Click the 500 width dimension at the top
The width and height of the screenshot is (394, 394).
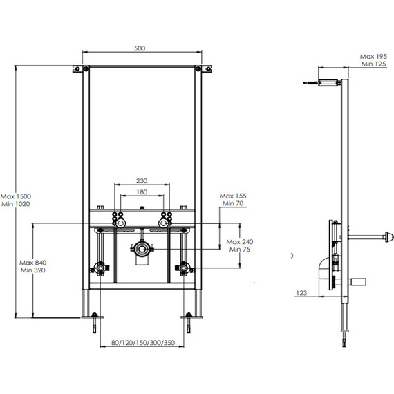tap(140, 48)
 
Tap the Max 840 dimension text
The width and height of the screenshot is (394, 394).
tap(33, 263)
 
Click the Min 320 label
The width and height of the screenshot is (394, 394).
tap(33, 272)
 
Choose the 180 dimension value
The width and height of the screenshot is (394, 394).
tap(141, 193)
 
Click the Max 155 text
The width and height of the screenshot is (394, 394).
tap(233, 196)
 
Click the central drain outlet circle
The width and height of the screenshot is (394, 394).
tap(142, 247)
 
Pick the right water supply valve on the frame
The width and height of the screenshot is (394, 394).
tap(183, 268)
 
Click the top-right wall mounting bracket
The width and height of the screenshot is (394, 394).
tap(205, 69)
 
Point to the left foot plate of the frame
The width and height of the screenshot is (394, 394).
tap(94, 317)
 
